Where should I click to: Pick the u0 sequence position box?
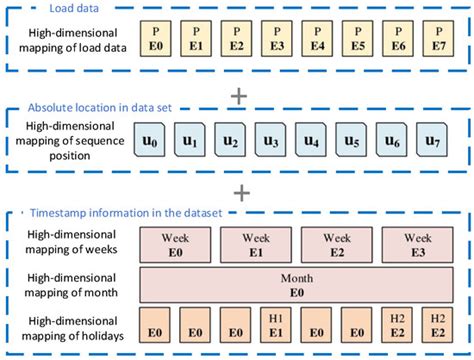click(x=151, y=140)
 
